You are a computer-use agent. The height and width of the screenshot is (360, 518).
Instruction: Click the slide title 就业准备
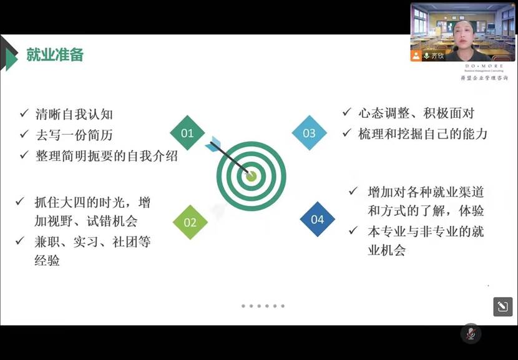[x=55, y=55]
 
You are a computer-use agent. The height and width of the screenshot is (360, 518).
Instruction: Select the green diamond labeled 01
[x=187, y=133]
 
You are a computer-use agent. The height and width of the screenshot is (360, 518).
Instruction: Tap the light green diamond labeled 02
[x=190, y=222]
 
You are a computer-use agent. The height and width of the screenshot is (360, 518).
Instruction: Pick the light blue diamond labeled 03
[x=310, y=133]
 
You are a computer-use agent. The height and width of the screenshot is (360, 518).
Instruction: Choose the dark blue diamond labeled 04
[x=317, y=219]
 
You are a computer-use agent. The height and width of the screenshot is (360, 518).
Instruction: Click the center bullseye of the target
[x=251, y=175]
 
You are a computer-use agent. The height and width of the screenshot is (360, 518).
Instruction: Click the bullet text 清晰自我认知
[x=74, y=114]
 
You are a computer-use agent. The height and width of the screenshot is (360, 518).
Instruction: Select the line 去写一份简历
[x=74, y=135]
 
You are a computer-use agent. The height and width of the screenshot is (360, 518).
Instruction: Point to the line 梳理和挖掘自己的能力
[x=423, y=134]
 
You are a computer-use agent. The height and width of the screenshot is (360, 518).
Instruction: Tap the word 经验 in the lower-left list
[x=47, y=260]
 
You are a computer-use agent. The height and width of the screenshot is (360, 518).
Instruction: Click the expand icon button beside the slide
[x=502, y=306]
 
